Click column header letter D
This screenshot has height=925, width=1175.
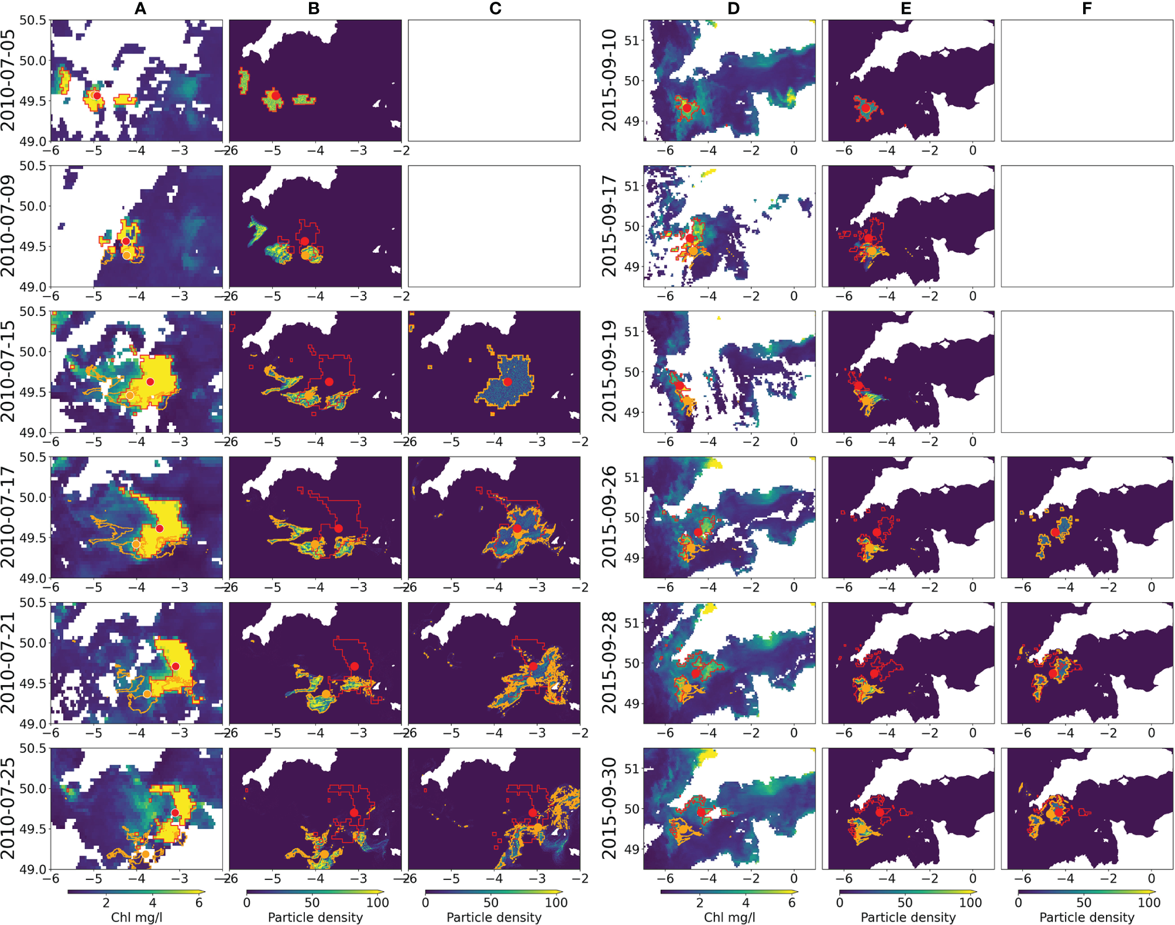click(733, 8)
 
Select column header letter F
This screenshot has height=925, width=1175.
click(1087, 8)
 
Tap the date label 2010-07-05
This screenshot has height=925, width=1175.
click(8, 80)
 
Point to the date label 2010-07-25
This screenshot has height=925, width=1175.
click(8, 808)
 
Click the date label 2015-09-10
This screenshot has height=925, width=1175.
click(610, 80)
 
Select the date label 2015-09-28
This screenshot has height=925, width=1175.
click(610, 662)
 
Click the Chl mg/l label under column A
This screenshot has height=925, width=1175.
click(136, 917)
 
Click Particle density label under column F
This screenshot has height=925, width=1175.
click(1087, 917)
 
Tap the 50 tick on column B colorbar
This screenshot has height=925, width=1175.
click(312, 902)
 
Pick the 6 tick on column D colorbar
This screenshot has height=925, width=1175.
click(792, 902)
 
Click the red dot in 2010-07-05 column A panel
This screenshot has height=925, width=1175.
click(97, 95)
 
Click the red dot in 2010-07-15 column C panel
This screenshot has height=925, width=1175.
click(507, 381)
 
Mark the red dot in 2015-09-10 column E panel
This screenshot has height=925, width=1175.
click(865, 108)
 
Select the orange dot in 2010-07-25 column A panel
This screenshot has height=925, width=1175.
click(146, 854)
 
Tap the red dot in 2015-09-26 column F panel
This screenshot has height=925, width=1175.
click(1054, 532)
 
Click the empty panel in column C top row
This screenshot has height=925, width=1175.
click(494, 80)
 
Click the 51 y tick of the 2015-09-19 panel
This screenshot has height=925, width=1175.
click(631, 332)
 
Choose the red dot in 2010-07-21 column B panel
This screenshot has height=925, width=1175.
click(355, 666)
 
